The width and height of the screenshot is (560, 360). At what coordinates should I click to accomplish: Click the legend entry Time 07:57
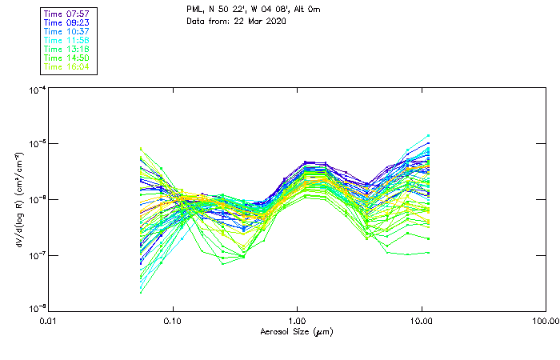[x=67, y=14]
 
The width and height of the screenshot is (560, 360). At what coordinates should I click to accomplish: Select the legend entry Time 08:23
[x=67, y=23]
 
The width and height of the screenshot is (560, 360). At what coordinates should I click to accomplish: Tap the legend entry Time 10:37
[x=67, y=32]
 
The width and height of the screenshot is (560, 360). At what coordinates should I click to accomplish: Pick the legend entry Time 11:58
[x=67, y=41]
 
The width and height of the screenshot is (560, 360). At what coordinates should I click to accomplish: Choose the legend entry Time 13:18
[x=67, y=50]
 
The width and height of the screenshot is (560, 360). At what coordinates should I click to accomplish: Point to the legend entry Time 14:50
[x=67, y=58]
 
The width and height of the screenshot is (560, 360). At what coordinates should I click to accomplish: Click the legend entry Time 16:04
[x=67, y=67]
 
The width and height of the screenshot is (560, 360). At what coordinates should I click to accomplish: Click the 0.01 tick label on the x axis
[x=50, y=322]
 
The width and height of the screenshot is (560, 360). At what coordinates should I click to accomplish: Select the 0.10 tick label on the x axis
[x=174, y=322]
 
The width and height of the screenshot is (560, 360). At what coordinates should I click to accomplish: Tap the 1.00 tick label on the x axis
[x=298, y=322]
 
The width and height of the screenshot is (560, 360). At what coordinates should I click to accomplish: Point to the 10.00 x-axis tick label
[x=422, y=322]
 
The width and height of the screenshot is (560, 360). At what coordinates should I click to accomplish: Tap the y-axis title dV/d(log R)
[x=20, y=198]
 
